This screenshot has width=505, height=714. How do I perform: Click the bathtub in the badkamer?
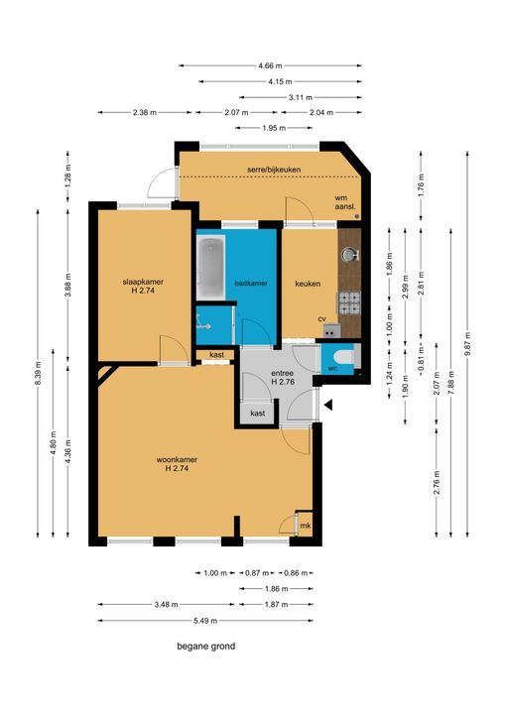click(x=211, y=268)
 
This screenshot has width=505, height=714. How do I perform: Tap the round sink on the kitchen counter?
click(x=349, y=254)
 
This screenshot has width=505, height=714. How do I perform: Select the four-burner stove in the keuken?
click(x=349, y=303)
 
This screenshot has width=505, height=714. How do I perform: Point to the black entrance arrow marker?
click(x=327, y=405)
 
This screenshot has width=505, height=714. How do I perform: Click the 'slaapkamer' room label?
click(x=143, y=282)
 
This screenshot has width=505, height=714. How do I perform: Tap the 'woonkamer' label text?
click(x=177, y=460)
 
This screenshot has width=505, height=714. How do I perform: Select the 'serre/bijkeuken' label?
click(x=274, y=170)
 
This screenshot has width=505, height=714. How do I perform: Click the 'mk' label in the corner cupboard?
click(x=306, y=526)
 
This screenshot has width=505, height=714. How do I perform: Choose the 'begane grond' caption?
click(x=206, y=647)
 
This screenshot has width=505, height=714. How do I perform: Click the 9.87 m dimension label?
click(x=467, y=344)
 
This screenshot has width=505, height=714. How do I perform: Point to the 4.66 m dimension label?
click(x=270, y=65)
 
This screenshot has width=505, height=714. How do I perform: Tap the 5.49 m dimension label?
click(x=205, y=620)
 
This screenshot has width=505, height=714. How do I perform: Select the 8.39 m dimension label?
click(x=38, y=374)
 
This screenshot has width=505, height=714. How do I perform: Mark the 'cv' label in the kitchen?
click(x=321, y=319)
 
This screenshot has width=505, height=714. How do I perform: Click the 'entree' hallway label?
click(x=283, y=373)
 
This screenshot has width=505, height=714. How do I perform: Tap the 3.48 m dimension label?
click(x=167, y=604)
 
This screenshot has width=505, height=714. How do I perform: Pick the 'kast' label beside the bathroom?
click(x=216, y=355)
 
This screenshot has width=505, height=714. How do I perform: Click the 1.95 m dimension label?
click(x=274, y=128)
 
